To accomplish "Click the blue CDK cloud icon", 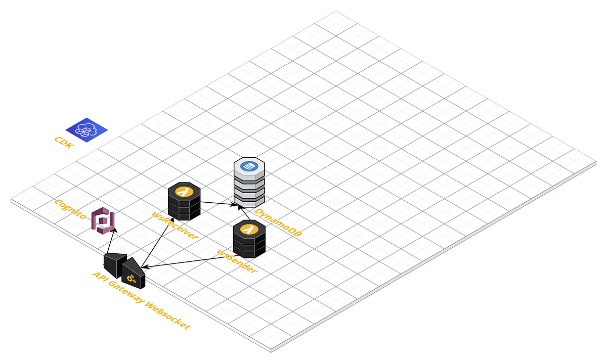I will click(87, 129).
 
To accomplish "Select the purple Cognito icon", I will click(103, 220).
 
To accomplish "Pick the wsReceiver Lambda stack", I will click(184, 202).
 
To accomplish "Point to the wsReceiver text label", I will click(175, 225).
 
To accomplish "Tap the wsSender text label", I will click(236, 261).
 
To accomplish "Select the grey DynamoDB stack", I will click(249, 182).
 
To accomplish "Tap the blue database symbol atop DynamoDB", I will click(249, 166).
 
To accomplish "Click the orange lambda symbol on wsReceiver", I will click(184, 192).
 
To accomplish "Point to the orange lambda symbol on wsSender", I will click(249, 229).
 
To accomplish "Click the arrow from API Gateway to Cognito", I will click(111, 242).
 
